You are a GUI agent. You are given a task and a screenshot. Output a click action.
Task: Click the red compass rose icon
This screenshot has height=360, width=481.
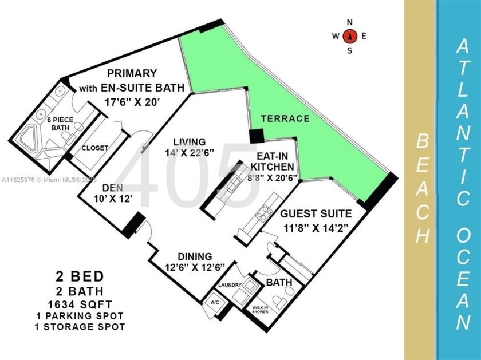350,36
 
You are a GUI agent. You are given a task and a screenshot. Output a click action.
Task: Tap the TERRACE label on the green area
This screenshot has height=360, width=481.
285,118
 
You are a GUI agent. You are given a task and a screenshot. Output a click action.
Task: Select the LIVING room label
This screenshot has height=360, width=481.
190,142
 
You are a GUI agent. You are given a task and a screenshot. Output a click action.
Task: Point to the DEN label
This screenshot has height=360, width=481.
113,188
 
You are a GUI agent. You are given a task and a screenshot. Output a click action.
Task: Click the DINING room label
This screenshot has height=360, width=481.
195,256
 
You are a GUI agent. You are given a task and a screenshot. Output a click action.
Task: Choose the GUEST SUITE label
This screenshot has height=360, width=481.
316,213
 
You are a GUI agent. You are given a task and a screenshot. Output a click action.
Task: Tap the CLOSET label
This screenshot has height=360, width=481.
95,148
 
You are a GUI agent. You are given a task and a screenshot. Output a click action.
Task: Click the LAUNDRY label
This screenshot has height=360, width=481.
230,285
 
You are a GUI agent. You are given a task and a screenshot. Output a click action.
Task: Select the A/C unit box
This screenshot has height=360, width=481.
215,303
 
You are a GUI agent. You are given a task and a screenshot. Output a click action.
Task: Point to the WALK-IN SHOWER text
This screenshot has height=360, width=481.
260,310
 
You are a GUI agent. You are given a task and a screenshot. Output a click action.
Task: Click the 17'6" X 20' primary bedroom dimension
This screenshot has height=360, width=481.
132,102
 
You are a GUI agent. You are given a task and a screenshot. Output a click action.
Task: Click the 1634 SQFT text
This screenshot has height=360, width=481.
80,304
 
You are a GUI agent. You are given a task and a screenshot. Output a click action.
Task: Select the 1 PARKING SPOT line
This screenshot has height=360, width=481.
80,316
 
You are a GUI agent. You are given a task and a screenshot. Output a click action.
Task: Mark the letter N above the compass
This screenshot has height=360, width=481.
349,22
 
